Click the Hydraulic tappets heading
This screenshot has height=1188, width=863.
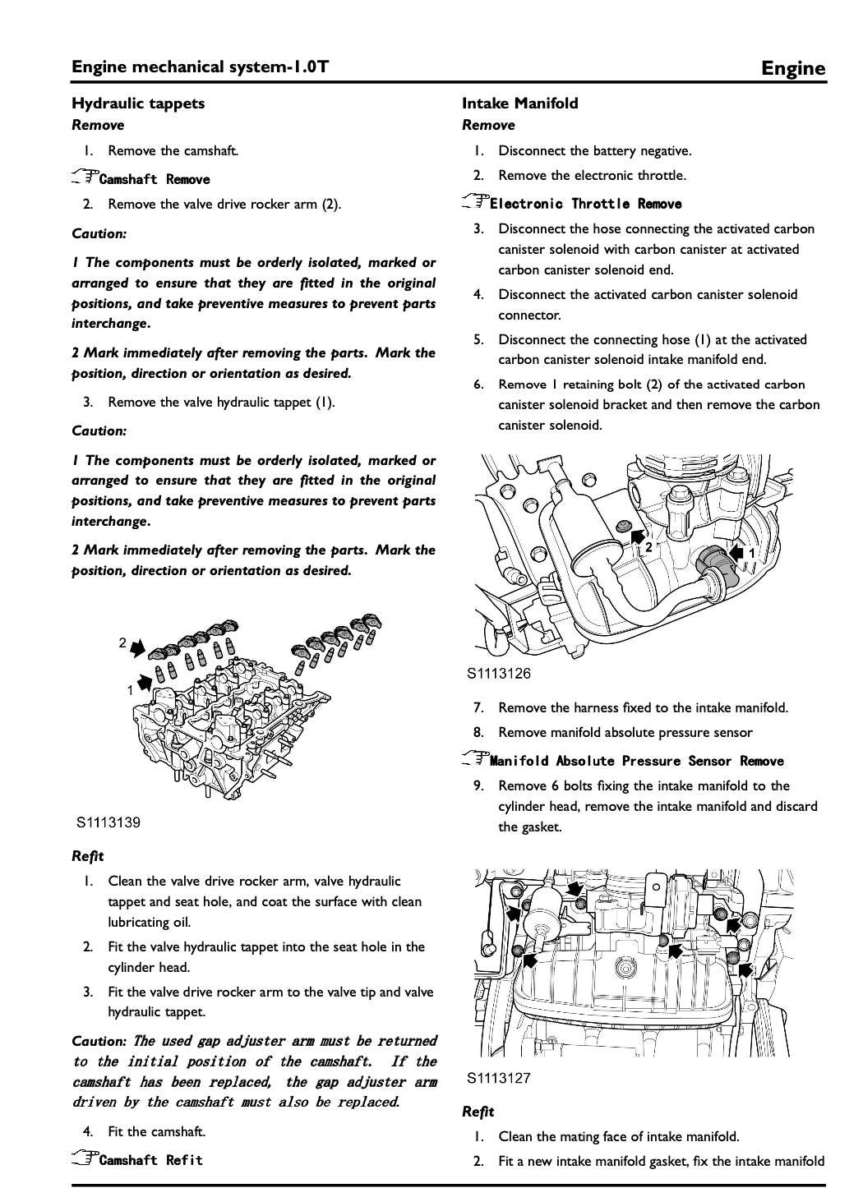[x=138, y=104]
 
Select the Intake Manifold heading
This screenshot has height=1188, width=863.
[x=519, y=104]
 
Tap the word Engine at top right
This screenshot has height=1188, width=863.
[x=792, y=68]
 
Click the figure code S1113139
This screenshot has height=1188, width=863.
[x=108, y=822]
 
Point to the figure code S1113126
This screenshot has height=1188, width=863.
[x=499, y=674]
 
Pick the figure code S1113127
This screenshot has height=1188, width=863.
[x=499, y=1078]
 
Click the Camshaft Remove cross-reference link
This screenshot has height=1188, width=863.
[x=154, y=179]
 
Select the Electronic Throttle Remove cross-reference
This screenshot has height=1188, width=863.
[x=585, y=204]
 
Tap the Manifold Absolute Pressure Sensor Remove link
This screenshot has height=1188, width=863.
[x=637, y=761]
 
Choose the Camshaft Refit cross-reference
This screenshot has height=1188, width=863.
[x=150, y=1160]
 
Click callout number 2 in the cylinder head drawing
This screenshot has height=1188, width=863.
[x=122, y=642]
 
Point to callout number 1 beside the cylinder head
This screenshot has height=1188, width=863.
[x=130, y=690]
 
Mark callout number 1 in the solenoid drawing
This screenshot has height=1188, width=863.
[x=751, y=554]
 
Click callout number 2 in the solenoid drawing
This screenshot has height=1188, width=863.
[x=648, y=546]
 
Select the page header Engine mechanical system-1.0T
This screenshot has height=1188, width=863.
[x=200, y=67]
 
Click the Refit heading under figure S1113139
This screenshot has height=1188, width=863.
[x=88, y=856]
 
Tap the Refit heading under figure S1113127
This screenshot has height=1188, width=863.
[x=478, y=1112]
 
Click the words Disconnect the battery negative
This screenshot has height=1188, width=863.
[x=594, y=151]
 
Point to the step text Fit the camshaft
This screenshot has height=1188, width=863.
[x=156, y=1131]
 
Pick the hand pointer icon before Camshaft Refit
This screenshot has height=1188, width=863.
[x=84, y=1158]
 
